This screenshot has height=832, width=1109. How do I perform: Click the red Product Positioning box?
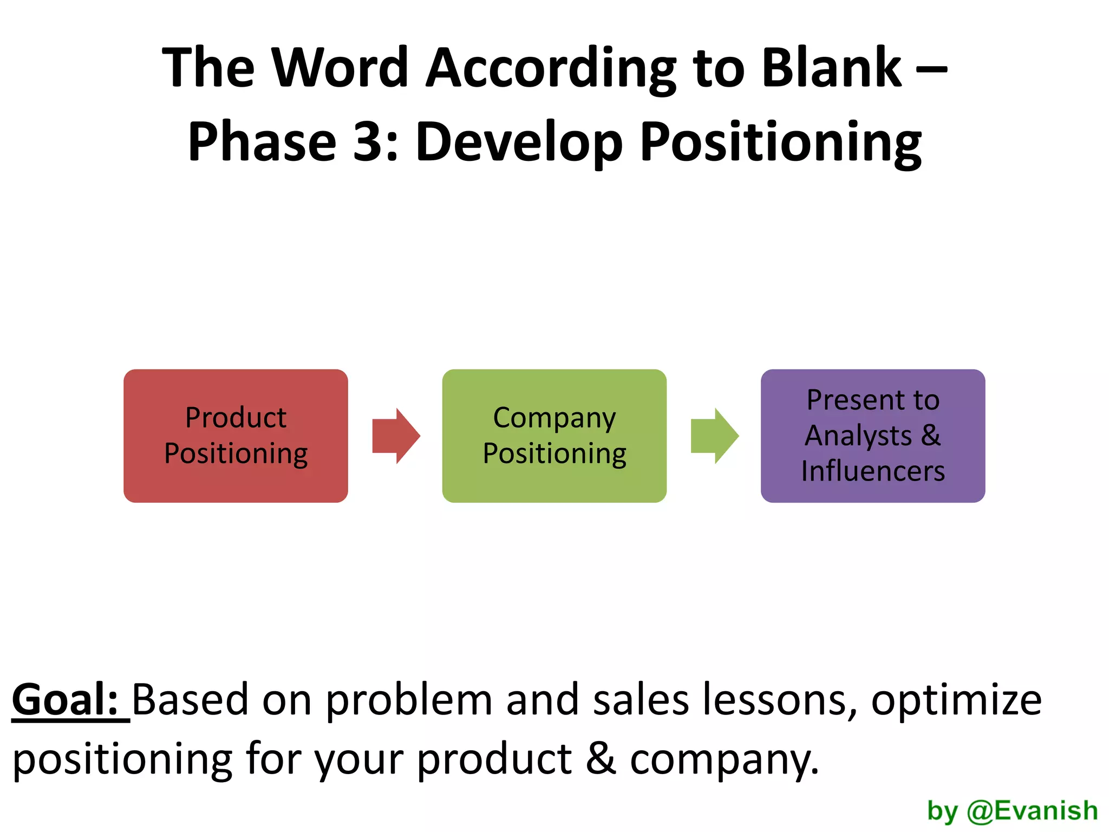pos(236,435)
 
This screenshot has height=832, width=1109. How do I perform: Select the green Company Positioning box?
pos(554,435)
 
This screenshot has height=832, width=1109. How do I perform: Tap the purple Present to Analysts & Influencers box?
pos(872,435)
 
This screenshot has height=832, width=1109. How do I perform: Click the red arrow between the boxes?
pos(396,435)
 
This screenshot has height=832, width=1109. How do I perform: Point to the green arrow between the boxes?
pos(714,435)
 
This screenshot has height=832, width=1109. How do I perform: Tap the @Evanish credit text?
pos(1032,811)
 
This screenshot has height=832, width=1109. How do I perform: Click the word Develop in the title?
pos(519,142)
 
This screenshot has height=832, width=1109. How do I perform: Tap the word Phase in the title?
pos(262,141)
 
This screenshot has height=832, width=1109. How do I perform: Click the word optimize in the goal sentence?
pos(956,700)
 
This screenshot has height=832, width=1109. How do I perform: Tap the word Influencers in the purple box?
pos(873,471)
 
